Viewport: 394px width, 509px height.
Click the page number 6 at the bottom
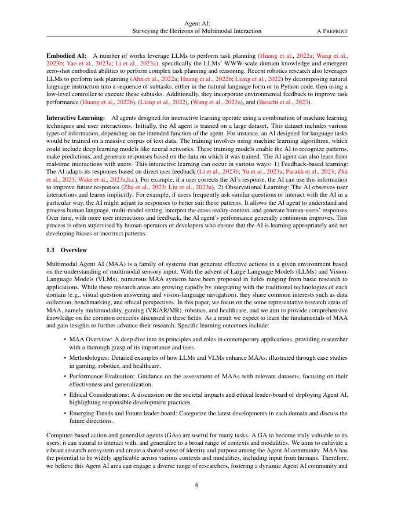click(197, 484)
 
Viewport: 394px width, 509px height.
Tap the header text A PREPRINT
click(332, 31)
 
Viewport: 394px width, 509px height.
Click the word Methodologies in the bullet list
click(90, 359)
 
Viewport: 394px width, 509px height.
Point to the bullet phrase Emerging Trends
click(92, 413)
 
